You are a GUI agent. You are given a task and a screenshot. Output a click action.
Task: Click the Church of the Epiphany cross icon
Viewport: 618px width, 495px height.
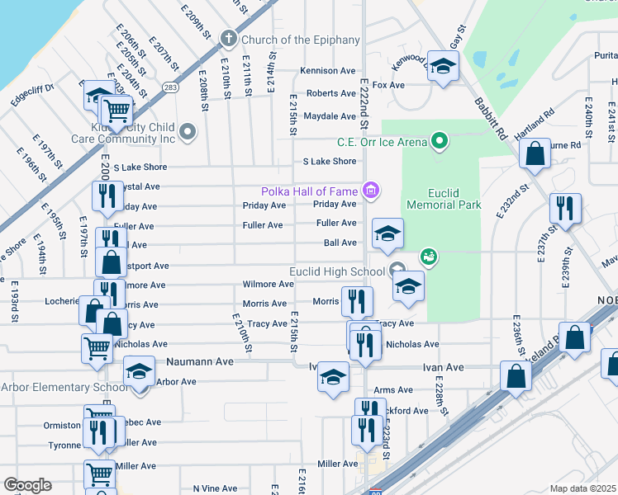tap(229, 39)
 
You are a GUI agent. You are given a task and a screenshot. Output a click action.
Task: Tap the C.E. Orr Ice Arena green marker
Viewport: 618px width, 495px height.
tap(440, 142)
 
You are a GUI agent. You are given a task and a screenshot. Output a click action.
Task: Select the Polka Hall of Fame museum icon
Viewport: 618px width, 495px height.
tap(371, 191)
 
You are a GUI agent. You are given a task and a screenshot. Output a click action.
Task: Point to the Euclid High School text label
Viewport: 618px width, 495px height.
tap(336, 271)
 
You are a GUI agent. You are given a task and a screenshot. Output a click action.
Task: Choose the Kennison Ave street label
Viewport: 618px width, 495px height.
tap(328, 71)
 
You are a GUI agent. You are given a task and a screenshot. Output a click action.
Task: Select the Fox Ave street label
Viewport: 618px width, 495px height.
tap(388, 85)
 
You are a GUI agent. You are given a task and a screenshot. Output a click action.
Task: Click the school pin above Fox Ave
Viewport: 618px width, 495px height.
tap(444, 67)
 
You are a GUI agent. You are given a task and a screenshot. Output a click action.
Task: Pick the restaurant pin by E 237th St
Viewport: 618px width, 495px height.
tap(565, 208)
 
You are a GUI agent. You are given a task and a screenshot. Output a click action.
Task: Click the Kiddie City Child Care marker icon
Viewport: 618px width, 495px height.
tap(188, 131)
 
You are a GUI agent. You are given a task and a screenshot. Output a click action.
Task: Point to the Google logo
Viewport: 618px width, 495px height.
tap(27, 485)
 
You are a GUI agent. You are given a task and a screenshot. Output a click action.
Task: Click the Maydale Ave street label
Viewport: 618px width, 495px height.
tap(330, 116)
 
